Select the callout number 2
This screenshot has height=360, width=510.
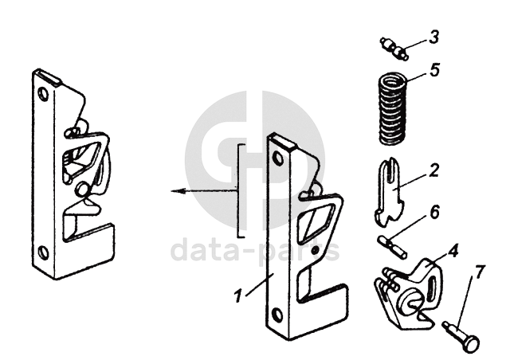click(x=433, y=170)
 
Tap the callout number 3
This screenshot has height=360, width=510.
click(x=433, y=37)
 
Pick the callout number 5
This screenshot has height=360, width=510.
click(x=433, y=69)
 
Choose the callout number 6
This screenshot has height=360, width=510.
click(x=434, y=213)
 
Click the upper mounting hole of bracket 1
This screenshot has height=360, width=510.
click(x=277, y=158)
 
